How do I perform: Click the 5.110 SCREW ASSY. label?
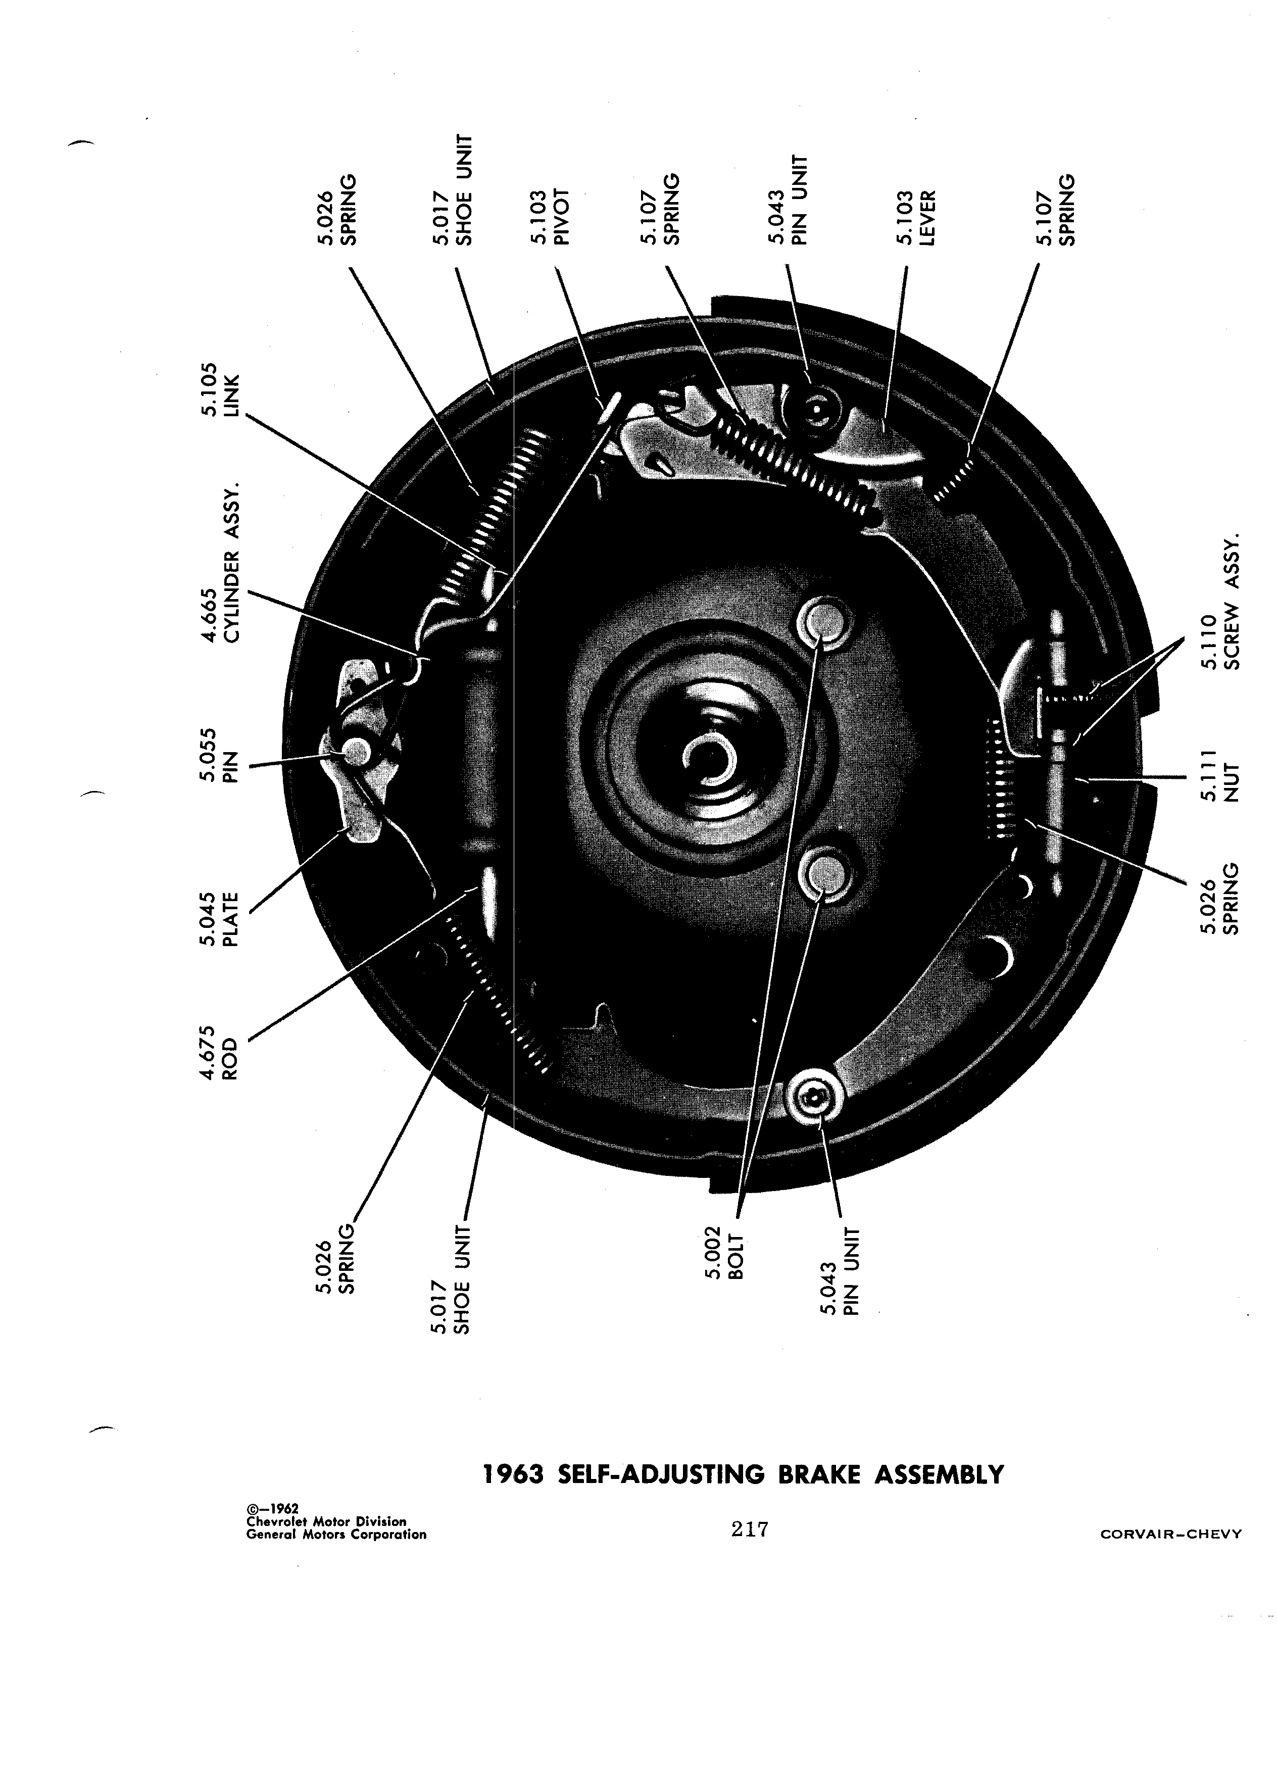click(x=1219, y=603)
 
